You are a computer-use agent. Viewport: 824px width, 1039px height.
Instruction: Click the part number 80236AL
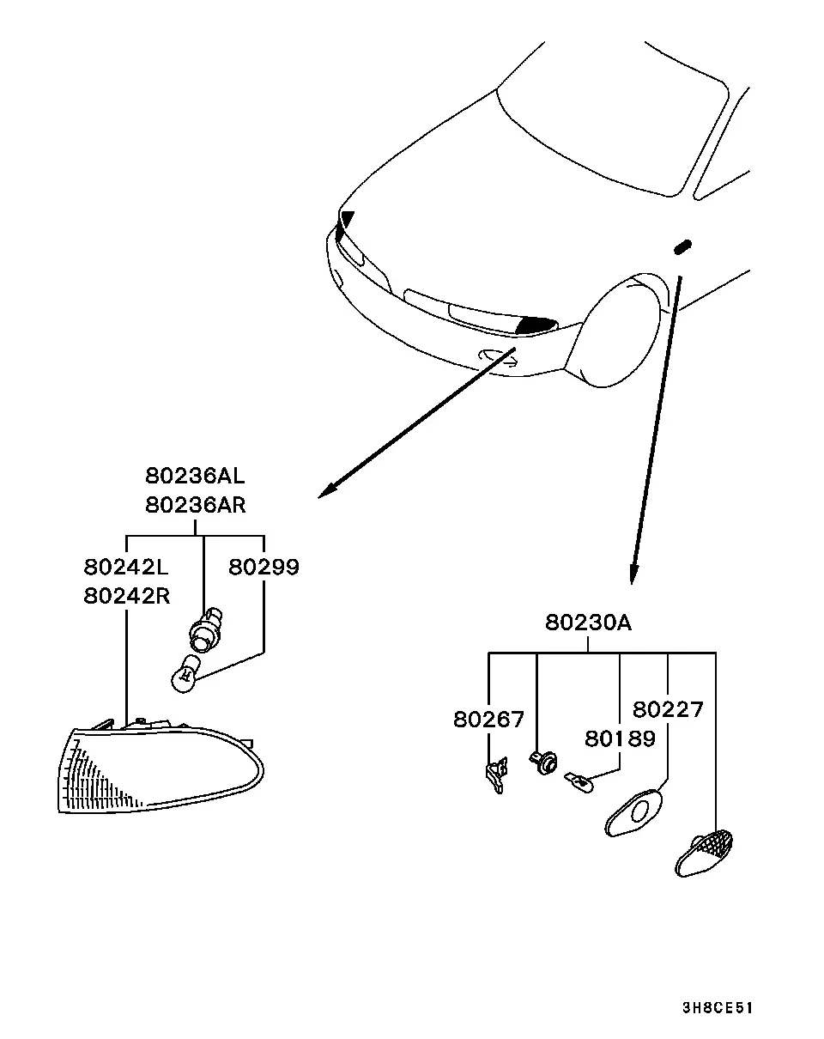(195, 476)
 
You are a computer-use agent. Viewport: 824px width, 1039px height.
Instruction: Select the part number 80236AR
(196, 505)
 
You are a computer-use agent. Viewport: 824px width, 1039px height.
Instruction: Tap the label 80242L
(126, 567)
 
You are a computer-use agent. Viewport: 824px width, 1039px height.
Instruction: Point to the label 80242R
(127, 596)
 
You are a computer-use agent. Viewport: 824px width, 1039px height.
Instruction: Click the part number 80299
(264, 567)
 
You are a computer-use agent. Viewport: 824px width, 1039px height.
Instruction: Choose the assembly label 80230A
(588, 623)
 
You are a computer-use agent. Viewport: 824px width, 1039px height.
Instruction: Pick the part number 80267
(488, 720)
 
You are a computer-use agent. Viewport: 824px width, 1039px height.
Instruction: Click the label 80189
(620, 738)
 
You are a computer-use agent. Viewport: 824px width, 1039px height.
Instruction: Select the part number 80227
(668, 710)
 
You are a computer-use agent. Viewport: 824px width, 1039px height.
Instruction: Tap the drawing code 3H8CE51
(718, 1008)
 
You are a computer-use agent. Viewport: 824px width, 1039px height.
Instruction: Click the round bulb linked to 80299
(185, 672)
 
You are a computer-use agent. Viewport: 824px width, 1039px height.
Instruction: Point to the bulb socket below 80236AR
(204, 630)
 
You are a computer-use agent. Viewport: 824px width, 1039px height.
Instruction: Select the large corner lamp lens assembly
(161, 769)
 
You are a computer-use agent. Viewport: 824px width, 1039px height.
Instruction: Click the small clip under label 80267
(497, 775)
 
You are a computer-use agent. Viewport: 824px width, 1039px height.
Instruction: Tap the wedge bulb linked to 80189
(579, 782)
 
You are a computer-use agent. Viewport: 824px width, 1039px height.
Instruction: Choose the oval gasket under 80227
(633, 813)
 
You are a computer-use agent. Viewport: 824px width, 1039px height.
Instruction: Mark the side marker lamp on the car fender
(682, 246)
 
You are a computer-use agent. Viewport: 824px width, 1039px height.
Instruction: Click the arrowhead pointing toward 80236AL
(327, 490)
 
